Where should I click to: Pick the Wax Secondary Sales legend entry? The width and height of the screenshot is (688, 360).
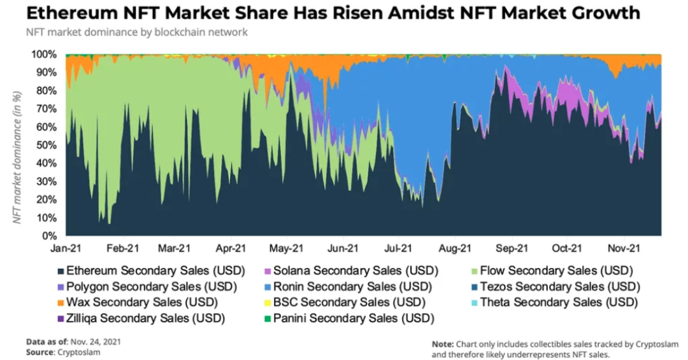[x=138, y=301]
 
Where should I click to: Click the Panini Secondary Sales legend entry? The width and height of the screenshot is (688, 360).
[x=352, y=317]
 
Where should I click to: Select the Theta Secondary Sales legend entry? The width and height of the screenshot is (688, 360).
[x=558, y=301]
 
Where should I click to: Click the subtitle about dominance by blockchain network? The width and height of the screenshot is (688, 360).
[x=137, y=32]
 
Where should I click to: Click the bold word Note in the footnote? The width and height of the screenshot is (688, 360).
[x=442, y=343]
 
